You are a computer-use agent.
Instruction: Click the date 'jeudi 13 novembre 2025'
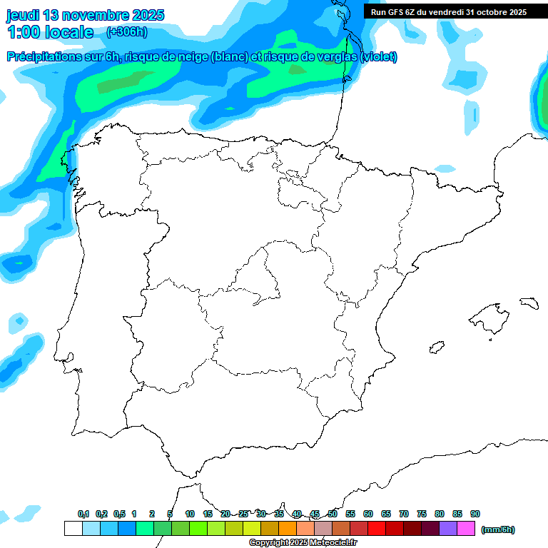click(86, 15)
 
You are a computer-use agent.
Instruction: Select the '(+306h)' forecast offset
click(126, 32)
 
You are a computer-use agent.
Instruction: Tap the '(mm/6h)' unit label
click(498, 529)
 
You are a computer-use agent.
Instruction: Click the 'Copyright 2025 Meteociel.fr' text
click(303, 543)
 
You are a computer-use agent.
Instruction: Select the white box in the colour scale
click(73, 529)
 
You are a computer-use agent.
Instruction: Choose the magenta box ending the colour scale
click(466, 529)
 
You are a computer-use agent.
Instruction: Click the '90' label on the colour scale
click(475, 514)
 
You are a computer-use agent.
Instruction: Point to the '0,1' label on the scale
click(83, 514)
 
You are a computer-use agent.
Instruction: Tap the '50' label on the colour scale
click(333, 514)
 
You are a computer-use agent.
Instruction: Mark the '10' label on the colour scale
click(190, 514)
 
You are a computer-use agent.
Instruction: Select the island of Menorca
click(529, 303)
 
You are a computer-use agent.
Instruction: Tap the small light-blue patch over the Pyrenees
click(445, 169)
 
